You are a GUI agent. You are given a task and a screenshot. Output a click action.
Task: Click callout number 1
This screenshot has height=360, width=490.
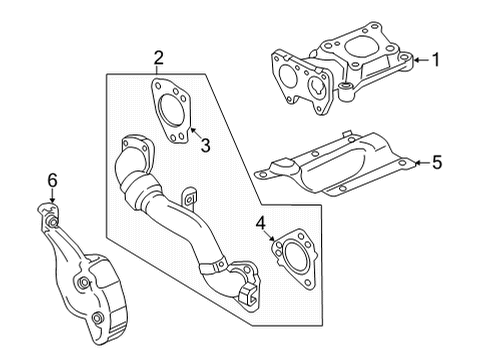(435, 60)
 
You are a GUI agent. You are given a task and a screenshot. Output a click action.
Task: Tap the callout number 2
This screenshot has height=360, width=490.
(158, 59)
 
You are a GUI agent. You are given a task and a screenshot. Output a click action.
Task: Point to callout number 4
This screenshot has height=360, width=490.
(260, 223)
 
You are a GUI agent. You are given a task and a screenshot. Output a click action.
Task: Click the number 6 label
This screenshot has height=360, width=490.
(53, 180)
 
